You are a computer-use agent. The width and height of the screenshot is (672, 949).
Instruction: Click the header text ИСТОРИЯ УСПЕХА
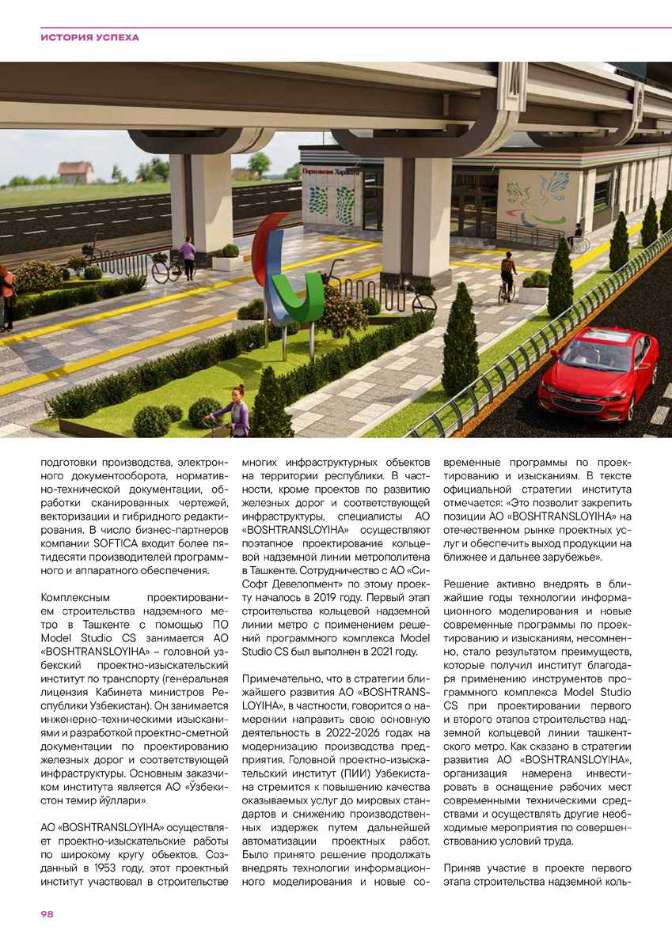click(89, 37)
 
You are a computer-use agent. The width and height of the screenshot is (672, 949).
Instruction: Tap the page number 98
click(47, 914)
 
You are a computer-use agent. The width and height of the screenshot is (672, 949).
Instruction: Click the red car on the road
click(598, 372)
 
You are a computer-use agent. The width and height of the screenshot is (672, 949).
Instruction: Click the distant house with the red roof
click(74, 171)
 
